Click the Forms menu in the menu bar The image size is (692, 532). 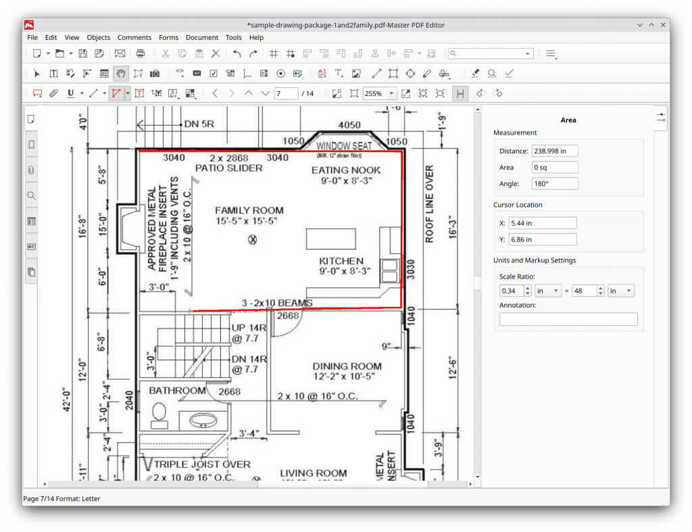click(x=168, y=37)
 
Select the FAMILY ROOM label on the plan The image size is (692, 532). click(x=249, y=210)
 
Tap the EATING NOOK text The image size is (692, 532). click(x=346, y=170)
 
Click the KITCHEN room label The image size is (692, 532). click(x=341, y=261)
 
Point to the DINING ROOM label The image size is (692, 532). click(x=347, y=366)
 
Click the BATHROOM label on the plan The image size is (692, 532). click(x=177, y=391)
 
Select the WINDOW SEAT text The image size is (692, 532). click(x=344, y=146)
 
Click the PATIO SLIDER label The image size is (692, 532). click(x=228, y=168)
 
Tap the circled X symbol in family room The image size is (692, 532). click(x=253, y=239)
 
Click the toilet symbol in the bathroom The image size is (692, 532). click(x=159, y=414)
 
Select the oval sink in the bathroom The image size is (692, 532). click(x=202, y=420)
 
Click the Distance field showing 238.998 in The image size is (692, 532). click(x=555, y=151)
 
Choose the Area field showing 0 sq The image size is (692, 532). click(x=555, y=167)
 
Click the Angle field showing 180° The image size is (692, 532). click(x=555, y=183)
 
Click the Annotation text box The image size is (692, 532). click(x=568, y=319)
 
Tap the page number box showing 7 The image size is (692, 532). click(x=286, y=93)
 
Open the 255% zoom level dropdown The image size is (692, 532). click(x=391, y=93)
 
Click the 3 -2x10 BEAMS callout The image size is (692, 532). click(x=277, y=303)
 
